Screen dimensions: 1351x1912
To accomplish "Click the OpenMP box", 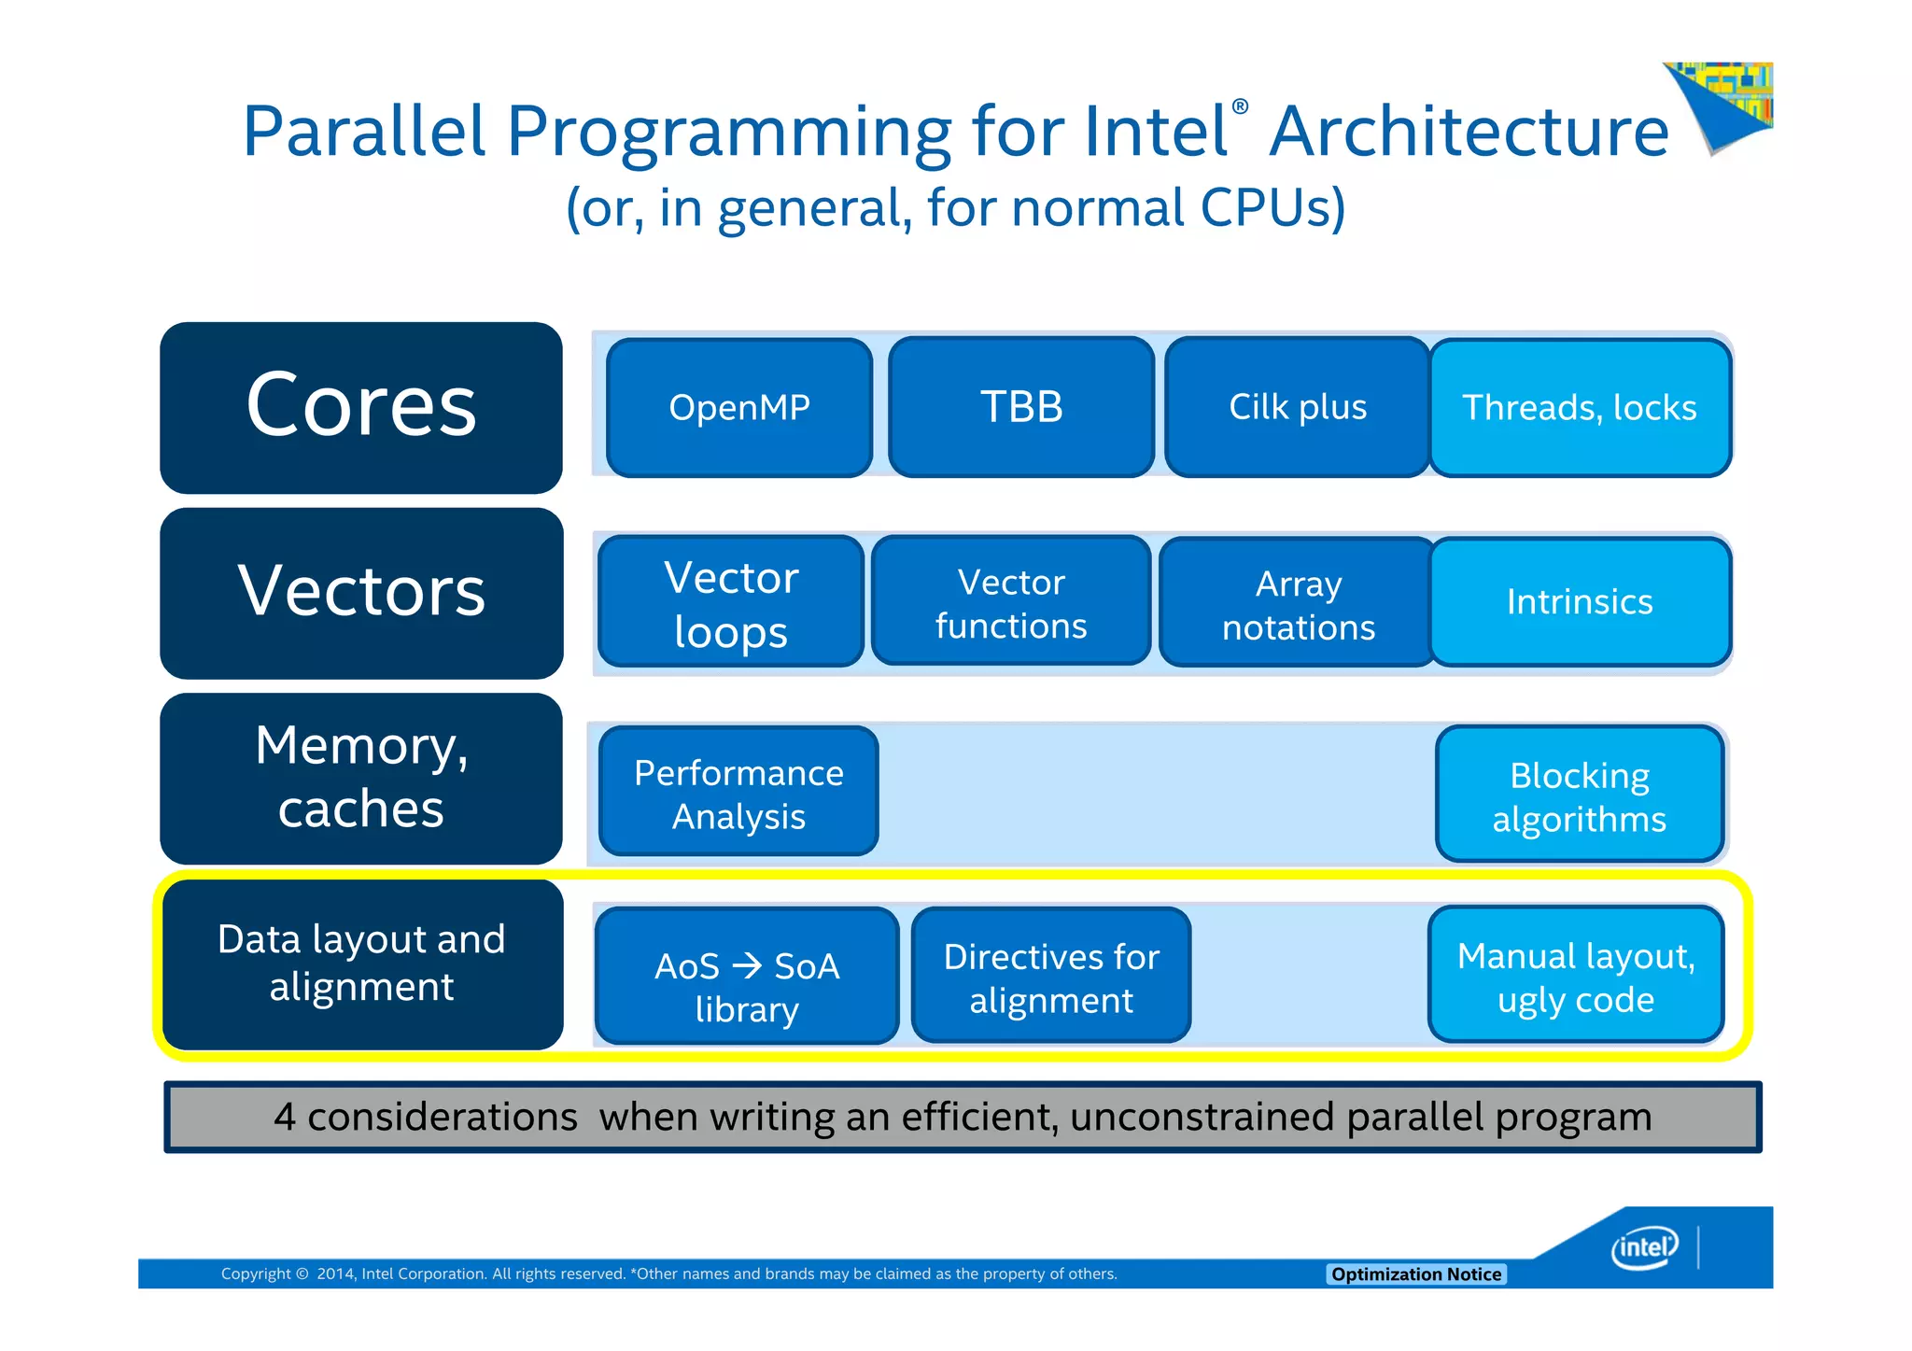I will pos(739,408).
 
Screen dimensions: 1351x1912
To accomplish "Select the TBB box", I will pos(1021,408).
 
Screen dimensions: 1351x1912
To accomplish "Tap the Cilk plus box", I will pos(1298,408).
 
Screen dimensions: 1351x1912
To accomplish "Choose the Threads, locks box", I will pos(1580,408).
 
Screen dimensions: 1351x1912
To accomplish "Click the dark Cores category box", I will pos(361,407).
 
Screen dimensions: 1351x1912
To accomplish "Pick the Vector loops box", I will pos(731,602).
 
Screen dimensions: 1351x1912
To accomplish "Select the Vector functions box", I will pos(1011,602).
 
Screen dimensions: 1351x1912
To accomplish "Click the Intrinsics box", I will pos(1580,602).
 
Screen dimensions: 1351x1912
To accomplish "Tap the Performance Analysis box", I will pos(738,793).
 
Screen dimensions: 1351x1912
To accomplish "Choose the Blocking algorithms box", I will pos(1580,795).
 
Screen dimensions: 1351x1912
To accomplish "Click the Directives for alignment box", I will pos(1051,977).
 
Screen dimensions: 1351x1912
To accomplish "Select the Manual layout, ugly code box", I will pos(1576,976).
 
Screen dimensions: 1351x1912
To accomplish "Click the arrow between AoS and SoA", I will pos(747,965).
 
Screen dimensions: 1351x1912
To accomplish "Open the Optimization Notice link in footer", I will pos(1415,1274).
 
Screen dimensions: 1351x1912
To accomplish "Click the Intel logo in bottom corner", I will pos(1644,1247).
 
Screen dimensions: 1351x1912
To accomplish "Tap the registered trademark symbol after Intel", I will pos(1240,106).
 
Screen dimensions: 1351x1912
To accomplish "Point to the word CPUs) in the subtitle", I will pos(1272,207).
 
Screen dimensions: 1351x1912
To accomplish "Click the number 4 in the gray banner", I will pos(285,1118).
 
